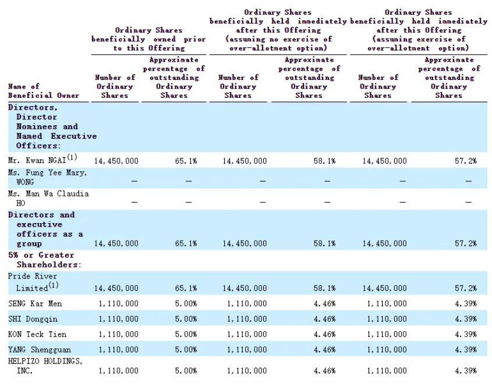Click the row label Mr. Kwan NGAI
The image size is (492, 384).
click(x=37, y=160)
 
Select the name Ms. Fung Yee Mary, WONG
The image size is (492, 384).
click(x=47, y=177)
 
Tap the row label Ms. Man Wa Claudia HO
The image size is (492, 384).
click(x=48, y=198)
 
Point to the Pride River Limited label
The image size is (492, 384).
click(x=33, y=282)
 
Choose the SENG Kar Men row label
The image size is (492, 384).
click(x=35, y=304)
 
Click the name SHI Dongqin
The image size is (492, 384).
click(x=33, y=319)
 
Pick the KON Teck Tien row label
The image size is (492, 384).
click(x=37, y=334)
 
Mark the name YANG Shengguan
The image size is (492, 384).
click(x=39, y=350)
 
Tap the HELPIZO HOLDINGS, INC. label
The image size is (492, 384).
click(x=45, y=366)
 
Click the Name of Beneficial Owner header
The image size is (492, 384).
click(x=43, y=91)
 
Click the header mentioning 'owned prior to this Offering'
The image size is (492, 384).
click(x=148, y=39)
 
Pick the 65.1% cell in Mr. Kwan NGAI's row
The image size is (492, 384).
click(x=186, y=161)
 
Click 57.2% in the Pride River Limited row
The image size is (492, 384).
click(x=466, y=288)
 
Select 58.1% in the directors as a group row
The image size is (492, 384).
click(x=324, y=244)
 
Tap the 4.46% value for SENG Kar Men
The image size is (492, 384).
click(x=324, y=304)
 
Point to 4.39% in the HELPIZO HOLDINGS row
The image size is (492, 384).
click(x=466, y=371)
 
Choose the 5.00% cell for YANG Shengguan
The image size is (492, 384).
click(x=186, y=350)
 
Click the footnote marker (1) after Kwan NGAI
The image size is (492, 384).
click(x=72, y=157)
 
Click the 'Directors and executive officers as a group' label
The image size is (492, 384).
click(x=45, y=229)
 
